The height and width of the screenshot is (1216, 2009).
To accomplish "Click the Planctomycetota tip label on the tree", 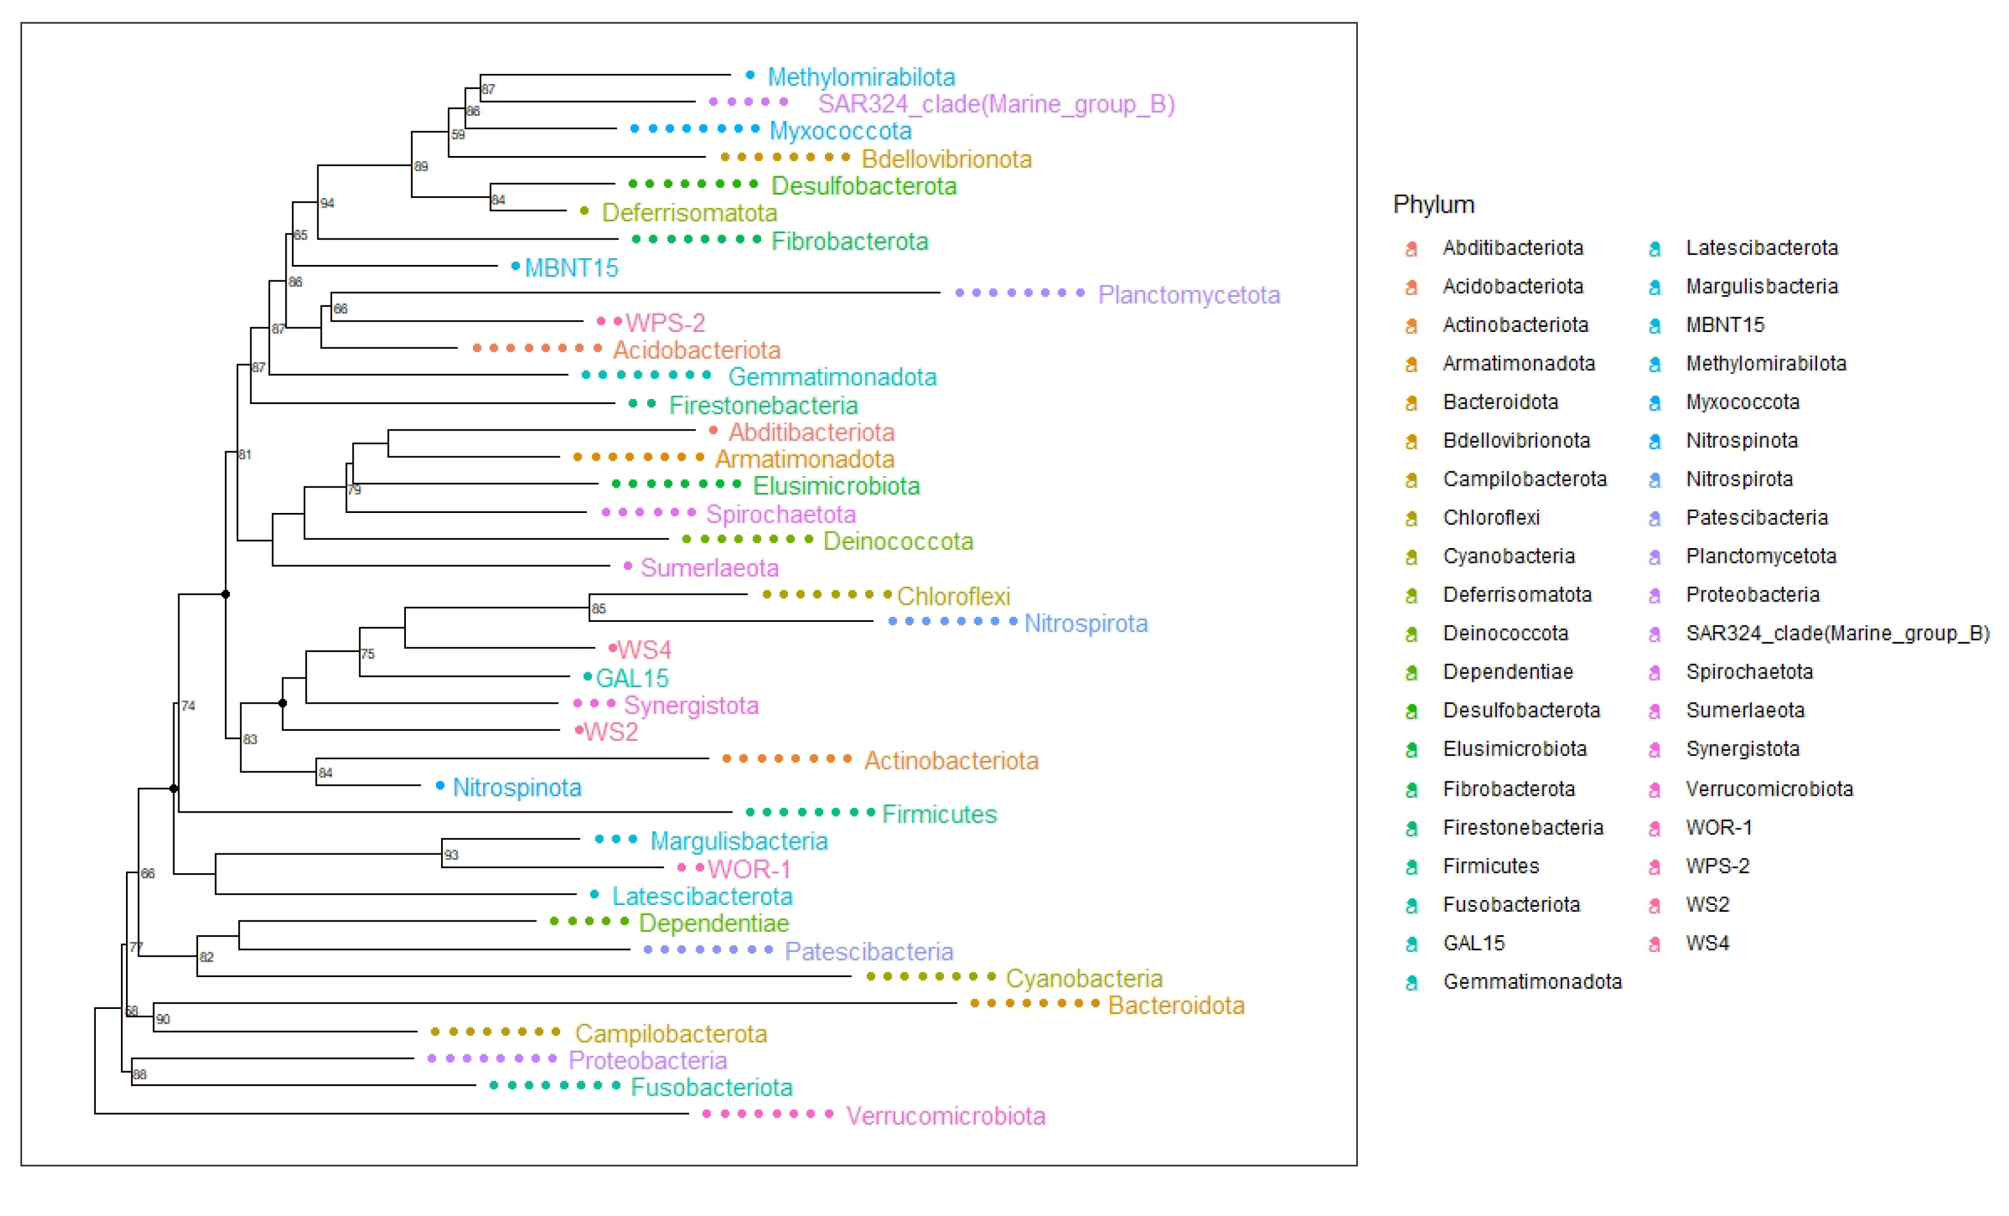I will [1188, 294].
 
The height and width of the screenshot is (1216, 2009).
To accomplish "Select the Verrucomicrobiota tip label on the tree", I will [945, 1115].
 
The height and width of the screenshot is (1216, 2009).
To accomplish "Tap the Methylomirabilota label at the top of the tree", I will [861, 77].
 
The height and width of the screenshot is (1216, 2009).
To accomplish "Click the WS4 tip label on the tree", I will [644, 650].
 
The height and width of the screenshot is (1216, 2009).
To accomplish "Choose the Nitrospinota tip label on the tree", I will [517, 786].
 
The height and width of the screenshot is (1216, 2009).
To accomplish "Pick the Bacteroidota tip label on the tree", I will [1176, 1005].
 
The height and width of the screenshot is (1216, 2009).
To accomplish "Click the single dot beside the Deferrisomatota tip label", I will [584, 211].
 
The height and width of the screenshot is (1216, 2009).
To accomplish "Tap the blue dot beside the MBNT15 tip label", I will [515, 266].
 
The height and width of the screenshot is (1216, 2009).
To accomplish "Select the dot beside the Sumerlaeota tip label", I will [627, 566].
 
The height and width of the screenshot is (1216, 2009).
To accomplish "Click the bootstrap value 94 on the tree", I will [327, 203].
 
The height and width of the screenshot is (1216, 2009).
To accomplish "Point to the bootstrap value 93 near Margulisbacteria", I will [451, 855].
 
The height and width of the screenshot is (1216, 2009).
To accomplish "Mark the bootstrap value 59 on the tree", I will [458, 134].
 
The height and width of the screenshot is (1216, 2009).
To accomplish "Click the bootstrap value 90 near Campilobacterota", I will [163, 1019].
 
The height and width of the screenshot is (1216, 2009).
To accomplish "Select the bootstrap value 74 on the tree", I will [188, 706].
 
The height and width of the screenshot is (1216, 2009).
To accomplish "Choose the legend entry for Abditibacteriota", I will [1512, 248].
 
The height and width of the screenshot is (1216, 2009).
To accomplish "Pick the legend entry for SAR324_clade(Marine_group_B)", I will [1837, 633].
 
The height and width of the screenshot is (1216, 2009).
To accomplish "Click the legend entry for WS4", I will [1708, 943].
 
